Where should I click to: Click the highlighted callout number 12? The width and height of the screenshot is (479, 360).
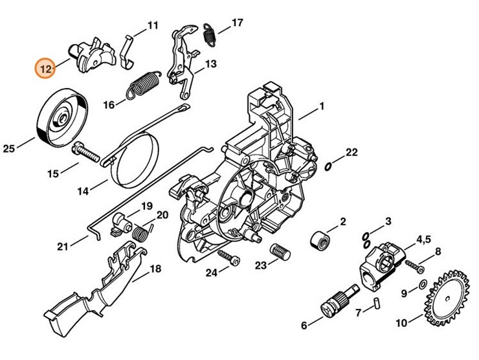45,67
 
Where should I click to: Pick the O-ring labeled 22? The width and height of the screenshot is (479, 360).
329,164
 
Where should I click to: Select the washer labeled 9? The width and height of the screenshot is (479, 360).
421,285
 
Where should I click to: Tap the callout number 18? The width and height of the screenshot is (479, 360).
155,269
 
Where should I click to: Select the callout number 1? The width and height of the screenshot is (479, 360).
322,106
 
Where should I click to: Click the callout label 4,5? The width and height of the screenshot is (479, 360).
423,240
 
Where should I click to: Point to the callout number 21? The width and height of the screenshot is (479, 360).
62,246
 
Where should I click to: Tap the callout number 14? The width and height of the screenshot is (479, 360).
82,191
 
